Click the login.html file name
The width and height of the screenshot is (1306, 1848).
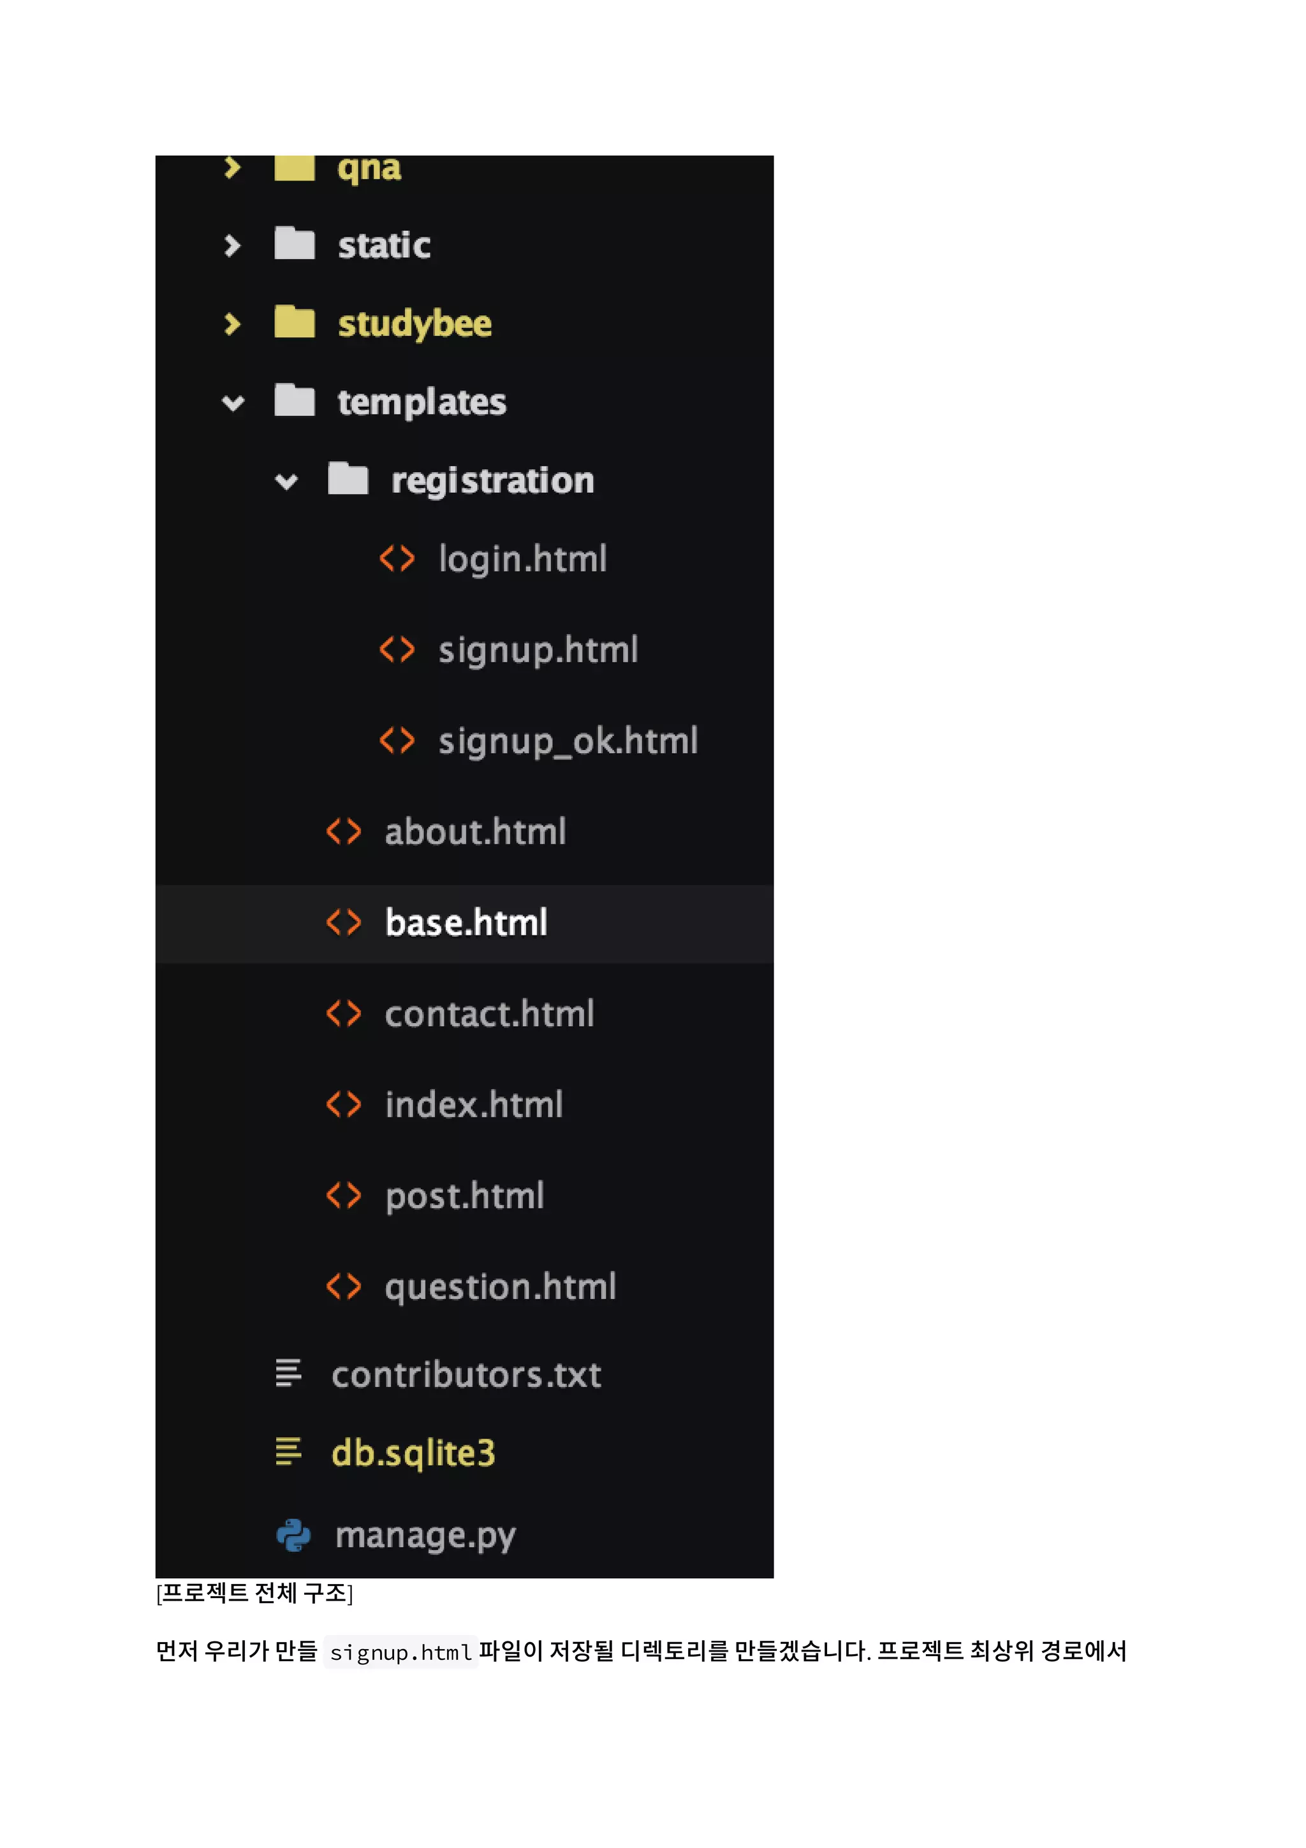[x=522, y=559]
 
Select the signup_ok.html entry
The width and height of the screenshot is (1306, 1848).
[x=568, y=741]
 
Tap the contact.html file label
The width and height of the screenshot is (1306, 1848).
[x=489, y=1014]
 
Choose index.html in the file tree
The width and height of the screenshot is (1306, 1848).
[x=473, y=1105]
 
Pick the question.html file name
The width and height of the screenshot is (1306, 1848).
[x=500, y=1287]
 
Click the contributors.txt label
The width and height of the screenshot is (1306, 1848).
[x=466, y=1375]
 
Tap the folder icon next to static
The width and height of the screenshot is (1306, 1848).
[x=295, y=244]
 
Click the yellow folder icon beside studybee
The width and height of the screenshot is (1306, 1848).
[x=295, y=323]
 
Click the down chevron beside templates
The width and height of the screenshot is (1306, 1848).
[x=233, y=402]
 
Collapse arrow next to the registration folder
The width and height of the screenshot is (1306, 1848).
[x=286, y=481]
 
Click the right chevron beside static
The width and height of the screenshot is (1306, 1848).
[x=233, y=245]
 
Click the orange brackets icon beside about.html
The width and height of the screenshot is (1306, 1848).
[x=344, y=832]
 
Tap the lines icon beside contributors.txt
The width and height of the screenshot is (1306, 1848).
[x=288, y=1373]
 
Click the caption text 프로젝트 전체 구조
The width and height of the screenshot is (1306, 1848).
[x=254, y=1593]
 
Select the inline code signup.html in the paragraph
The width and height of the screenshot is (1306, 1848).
[x=400, y=1652]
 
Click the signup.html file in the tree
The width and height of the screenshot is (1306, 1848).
[x=538, y=650]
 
